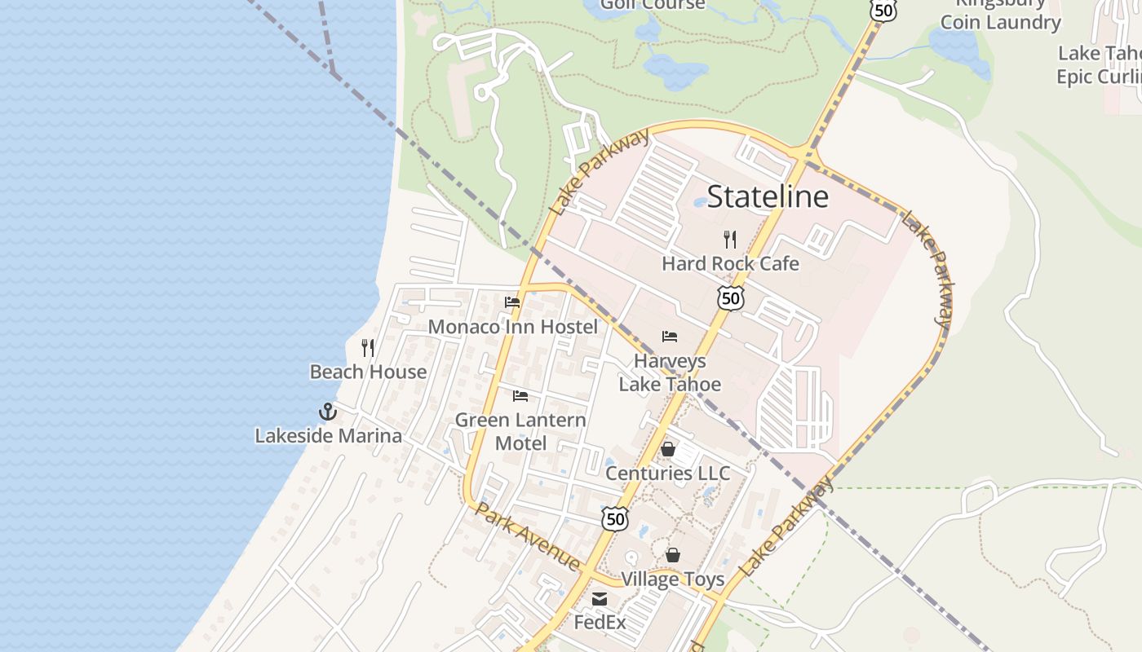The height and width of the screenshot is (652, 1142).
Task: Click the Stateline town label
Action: [x=767, y=196]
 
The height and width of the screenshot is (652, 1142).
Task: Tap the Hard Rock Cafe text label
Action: [x=730, y=263]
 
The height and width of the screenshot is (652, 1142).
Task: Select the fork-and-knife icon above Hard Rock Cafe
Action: [x=730, y=239]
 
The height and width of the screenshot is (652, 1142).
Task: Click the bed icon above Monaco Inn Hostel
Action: [x=512, y=302]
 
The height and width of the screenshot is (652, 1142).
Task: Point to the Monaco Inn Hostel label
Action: [x=512, y=327]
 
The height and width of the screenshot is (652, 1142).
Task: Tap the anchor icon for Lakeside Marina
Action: [x=328, y=412]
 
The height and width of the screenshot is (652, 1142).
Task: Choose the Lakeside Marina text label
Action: [x=328, y=436]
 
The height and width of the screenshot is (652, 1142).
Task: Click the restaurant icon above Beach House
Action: [x=368, y=348]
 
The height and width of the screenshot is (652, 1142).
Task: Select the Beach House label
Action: [x=368, y=372]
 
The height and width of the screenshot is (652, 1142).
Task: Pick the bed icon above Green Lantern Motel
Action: [x=520, y=396]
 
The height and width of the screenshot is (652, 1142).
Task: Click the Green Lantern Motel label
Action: [x=520, y=432]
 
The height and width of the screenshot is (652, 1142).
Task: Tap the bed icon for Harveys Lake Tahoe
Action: [x=670, y=336]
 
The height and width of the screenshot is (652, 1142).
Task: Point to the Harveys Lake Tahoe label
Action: [x=670, y=372]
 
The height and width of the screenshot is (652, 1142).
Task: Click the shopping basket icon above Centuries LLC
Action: [x=668, y=449]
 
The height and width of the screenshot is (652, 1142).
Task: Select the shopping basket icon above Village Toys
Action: [x=673, y=555]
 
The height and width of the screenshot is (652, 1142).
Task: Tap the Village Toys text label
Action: [x=673, y=579]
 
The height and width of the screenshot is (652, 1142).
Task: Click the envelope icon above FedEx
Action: [x=600, y=599]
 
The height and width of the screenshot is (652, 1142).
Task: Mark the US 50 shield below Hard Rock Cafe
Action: [x=731, y=298]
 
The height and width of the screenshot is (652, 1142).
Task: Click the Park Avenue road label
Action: [x=528, y=537]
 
